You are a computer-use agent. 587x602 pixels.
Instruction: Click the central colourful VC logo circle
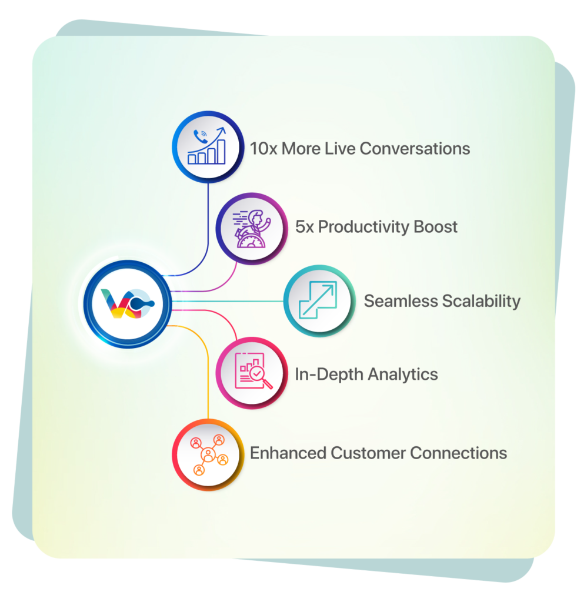[127, 303]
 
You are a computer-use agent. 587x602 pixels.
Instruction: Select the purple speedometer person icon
[252, 227]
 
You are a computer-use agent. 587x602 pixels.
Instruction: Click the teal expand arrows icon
[318, 301]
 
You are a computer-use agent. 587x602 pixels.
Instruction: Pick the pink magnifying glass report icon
[252, 373]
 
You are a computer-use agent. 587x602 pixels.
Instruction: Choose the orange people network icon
[207, 453]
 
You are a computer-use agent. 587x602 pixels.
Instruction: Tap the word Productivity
[359, 227]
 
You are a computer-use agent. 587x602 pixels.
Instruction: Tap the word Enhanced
[288, 453]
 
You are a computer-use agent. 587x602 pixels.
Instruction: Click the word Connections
[458, 453]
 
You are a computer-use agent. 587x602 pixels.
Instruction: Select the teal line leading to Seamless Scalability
[229, 301]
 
